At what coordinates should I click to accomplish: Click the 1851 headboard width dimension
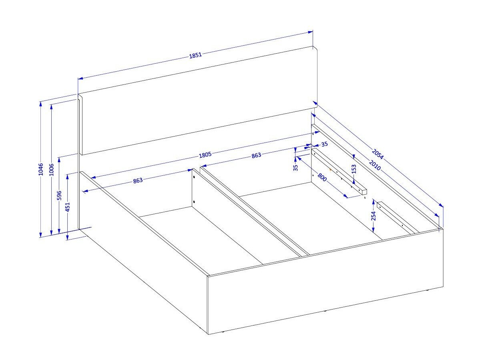[x=195, y=55]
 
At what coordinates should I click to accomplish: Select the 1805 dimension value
[x=205, y=155]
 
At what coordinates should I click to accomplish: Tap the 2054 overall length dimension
[x=378, y=154]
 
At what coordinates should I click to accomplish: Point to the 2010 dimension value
[x=375, y=165]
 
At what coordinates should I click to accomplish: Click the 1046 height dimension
[x=41, y=169]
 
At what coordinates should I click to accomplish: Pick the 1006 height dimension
[x=51, y=170]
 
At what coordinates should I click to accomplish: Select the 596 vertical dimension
[x=59, y=195]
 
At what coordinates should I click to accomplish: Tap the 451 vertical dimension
[x=68, y=207]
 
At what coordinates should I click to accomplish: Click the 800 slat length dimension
[x=322, y=177]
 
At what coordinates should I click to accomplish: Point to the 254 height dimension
[x=373, y=216]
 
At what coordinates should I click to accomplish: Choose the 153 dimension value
[x=354, y=169]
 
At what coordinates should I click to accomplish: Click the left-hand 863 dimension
[x=138, y=180]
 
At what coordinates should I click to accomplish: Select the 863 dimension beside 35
[x=256, y=155]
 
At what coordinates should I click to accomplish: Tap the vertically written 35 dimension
[x=295, y=168]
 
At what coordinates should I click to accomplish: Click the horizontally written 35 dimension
[x=324, y=144]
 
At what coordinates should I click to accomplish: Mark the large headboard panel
[x=198, y=101]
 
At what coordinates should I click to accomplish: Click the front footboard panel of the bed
[x=325, y=282]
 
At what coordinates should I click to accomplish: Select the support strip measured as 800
[x=339, y=171]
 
